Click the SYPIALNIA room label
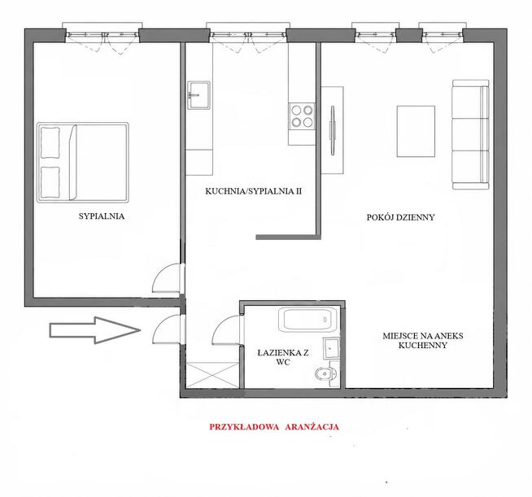102,216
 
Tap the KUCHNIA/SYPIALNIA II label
254,191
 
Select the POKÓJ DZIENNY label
400,217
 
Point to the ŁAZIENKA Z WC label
283,358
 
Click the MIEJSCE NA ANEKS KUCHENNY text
423,341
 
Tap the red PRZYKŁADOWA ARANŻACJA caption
274,427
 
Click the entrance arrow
95,330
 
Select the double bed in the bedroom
83,163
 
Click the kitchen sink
198,95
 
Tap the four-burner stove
302,116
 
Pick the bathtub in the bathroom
307,319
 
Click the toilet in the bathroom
325,374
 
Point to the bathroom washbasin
331,348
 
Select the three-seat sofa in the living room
471,135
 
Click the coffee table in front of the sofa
416,131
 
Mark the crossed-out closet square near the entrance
213,375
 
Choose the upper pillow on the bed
50,142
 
